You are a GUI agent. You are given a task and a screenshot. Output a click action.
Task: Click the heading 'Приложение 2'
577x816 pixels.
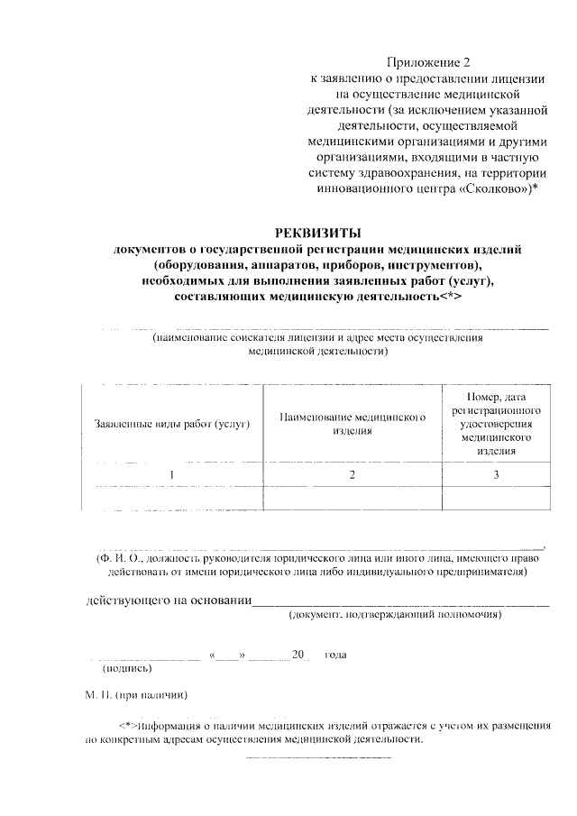point(428,62)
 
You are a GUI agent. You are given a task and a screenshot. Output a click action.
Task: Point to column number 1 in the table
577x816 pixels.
point(171,473)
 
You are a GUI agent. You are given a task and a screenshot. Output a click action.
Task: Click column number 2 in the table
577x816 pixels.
point(353,473)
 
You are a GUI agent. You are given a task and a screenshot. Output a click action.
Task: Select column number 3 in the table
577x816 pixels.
point(495,473)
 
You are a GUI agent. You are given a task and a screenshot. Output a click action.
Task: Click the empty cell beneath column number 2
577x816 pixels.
point(353,498)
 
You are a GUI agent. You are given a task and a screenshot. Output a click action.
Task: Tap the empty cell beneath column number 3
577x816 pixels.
point(495,498)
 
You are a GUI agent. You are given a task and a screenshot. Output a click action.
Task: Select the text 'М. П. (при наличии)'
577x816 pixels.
point(135,695)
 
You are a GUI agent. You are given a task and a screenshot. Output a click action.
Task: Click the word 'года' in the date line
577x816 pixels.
point(334,655)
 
